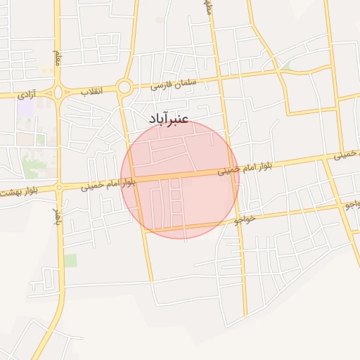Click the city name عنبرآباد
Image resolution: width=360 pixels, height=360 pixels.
coord(169,120)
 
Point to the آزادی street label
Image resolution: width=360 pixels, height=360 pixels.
coord(27,94)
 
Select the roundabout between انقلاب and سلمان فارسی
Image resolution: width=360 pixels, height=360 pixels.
coord(125,88)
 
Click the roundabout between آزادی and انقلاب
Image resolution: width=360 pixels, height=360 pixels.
coord(58,92)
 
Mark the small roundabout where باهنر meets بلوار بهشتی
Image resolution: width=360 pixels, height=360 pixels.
coord(59,187)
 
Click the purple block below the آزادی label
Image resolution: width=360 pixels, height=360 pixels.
coord(26,108)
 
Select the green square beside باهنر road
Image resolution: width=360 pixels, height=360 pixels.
coord(70,261)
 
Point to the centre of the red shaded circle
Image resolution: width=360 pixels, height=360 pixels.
coord(180,179)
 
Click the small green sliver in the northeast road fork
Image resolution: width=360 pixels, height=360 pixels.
coord(285,66)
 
